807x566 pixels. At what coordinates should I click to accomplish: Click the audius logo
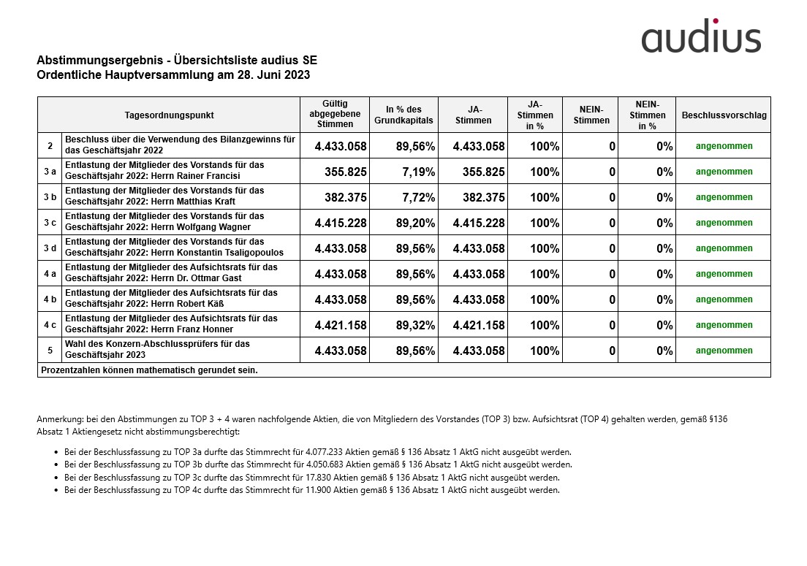(701, 37)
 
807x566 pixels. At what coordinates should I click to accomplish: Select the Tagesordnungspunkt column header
(169, 115)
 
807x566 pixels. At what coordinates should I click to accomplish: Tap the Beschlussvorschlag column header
(723, 115)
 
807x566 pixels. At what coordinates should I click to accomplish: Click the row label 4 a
(50, 274)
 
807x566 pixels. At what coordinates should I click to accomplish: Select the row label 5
(50, 351)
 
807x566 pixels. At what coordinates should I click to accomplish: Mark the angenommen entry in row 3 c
(724, 223)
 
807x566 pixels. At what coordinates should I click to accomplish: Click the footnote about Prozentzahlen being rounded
(149, 370)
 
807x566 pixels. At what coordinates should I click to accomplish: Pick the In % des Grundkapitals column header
(403, 115)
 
